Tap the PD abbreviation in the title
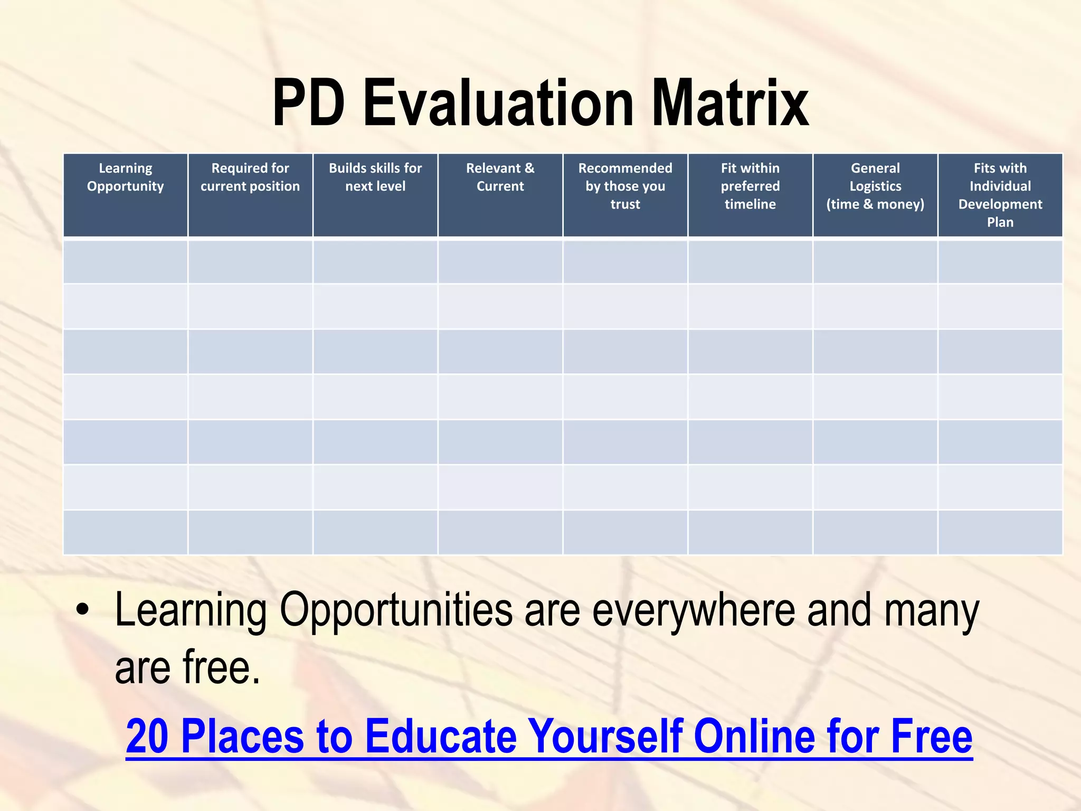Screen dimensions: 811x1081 click(x=309, y=103)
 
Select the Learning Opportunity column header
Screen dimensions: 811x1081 click(x=126, y=177)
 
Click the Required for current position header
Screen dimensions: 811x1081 click(x=250, y=177)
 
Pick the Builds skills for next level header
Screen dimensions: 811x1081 click(x=375, y=177)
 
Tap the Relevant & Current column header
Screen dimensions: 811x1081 click(x=500, y=177)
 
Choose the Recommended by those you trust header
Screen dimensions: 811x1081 click(x=625, y=186)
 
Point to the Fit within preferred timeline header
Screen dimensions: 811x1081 click(x=750, y=186)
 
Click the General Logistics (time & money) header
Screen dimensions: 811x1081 click(x=875, y=186)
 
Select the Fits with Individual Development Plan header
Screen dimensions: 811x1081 click(x=1000, y=195)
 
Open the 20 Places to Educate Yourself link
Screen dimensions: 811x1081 click(x=549, y=736)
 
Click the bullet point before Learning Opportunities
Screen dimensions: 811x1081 click(x=82, y=610)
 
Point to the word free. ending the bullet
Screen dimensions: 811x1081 click(x=222, y=668)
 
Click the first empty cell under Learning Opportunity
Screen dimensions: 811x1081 click(x=126, y=262)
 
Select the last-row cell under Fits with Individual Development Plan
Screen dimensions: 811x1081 click(x=1000, y=532)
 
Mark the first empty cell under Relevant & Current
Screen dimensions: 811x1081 click(x=500, y=262)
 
